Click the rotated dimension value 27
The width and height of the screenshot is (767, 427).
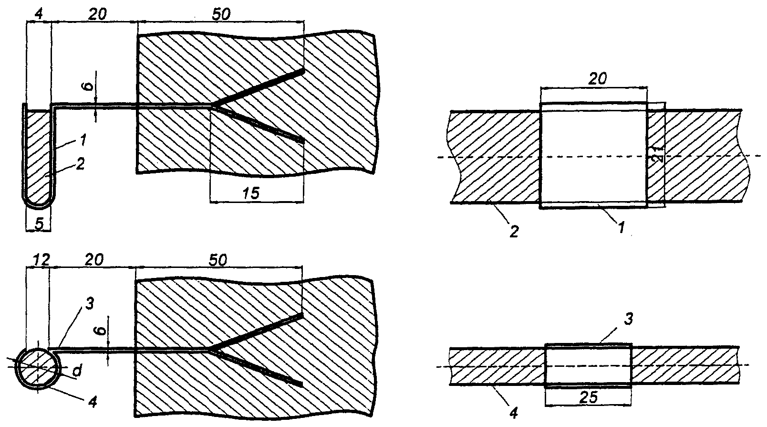click(x=657, y=155)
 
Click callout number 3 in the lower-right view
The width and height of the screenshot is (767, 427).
click(x=629, y=320)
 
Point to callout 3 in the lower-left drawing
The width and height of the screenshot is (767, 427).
click(x=91, y=303)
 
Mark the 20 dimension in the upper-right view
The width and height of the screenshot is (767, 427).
click(x=597, y=78)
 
